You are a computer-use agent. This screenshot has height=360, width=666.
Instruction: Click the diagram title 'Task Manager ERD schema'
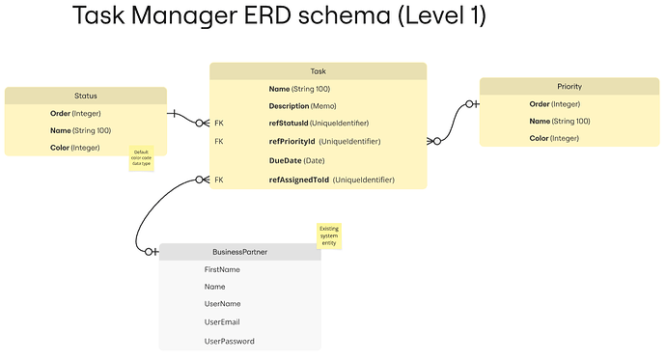tap(279, 16)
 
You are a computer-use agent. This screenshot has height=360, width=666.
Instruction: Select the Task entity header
tap(318, 71)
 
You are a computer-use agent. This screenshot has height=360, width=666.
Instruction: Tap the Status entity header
tap(85, 96)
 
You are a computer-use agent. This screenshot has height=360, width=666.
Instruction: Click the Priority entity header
tap(569, 87)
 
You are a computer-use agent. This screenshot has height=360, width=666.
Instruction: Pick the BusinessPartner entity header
tap(239, 252)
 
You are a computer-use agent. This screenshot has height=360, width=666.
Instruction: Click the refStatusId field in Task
tap(318, 124)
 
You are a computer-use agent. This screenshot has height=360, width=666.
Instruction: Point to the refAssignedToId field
tap(318, 180)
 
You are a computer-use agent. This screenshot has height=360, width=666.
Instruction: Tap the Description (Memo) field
tap(302, 105)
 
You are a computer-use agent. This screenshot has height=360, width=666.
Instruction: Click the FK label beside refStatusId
tap(219, 124)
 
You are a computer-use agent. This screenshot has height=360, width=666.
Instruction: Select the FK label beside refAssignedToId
tap(219, 180)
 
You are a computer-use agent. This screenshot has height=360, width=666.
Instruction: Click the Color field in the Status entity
tap(74, 148)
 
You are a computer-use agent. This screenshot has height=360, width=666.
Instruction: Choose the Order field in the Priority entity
tap(554, 104)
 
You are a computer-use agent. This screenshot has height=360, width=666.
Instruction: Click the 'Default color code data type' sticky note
tap(141, 159)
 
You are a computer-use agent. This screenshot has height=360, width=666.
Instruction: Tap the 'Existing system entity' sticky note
tap(329, 236)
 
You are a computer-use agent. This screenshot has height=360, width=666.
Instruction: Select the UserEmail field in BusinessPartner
tap(222, 321)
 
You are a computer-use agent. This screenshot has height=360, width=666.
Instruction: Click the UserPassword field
tap(230, 341)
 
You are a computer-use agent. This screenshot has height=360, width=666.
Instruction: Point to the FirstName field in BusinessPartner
tap(222, 269)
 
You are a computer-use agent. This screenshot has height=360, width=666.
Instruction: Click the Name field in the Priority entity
tap(559, 121)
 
